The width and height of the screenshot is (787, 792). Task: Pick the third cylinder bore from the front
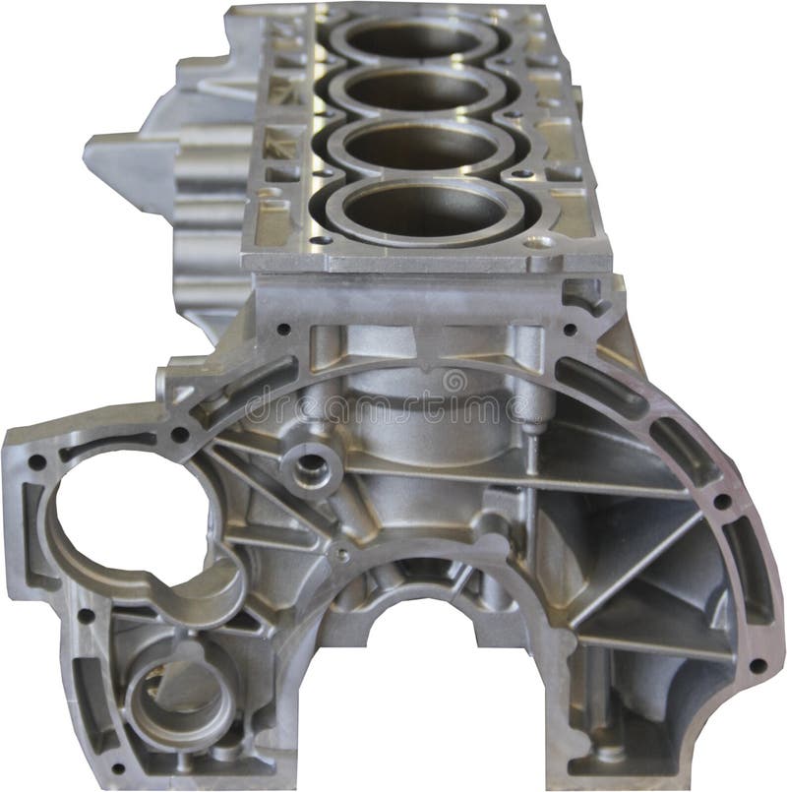(x=418, y=90)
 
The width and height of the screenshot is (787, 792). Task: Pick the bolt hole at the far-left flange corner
(x=37, y=459)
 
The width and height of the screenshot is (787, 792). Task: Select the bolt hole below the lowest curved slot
(x=757, y=665)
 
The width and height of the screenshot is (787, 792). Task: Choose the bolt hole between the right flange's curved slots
(x=720, y=502)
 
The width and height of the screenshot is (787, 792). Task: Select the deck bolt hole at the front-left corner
(x=316, y=238)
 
